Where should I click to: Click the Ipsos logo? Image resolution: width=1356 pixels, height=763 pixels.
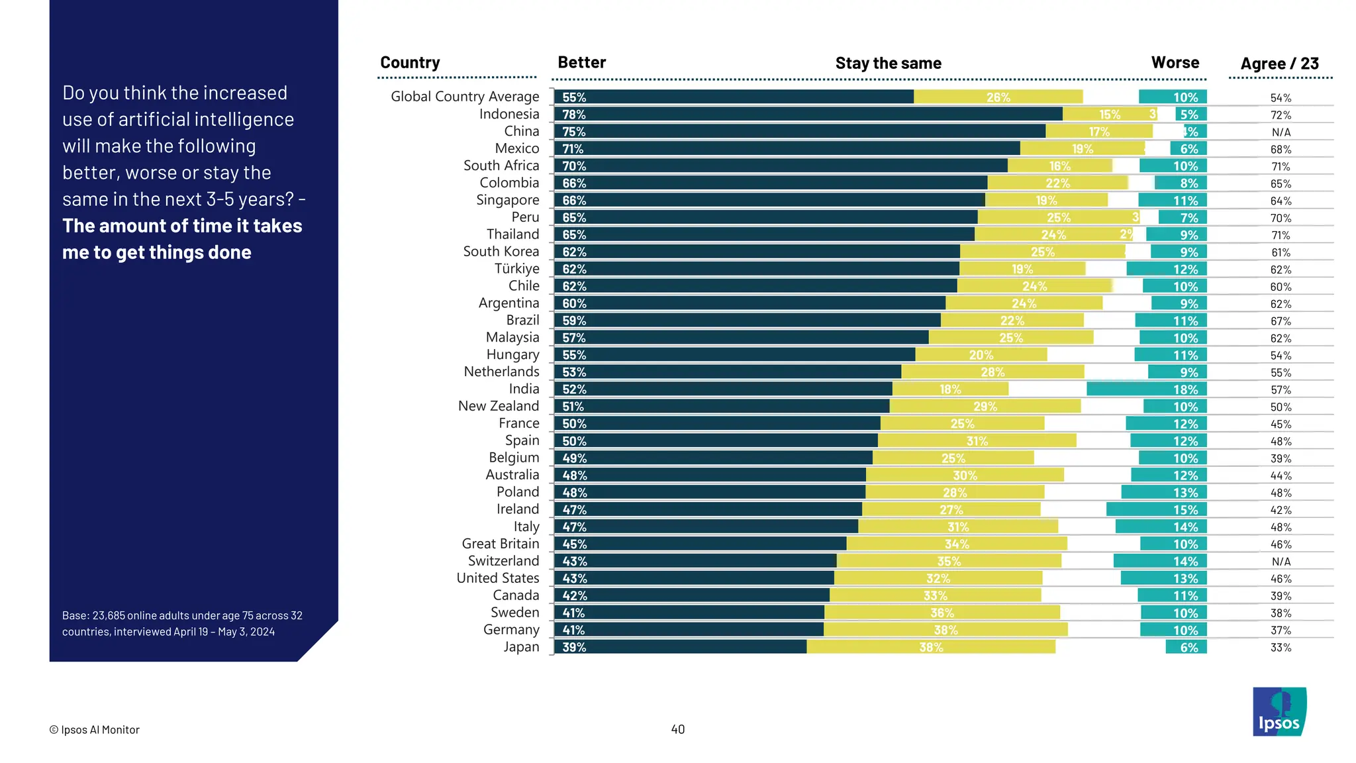coord(1279,711)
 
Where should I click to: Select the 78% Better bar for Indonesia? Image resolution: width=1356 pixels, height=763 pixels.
coord(808,114)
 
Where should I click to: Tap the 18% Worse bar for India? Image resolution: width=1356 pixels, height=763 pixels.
coord(1146,389)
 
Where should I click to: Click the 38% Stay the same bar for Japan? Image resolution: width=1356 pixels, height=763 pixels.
coord(931,647)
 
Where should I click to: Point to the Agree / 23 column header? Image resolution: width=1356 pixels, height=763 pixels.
coord(1279,64)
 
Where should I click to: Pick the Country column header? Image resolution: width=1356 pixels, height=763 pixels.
coord(410,63)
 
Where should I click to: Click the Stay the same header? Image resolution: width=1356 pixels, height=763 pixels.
coord(888,64)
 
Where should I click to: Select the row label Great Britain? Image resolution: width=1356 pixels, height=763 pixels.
coord(501,544)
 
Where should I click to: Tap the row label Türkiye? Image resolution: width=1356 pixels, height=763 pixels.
coord(516,269)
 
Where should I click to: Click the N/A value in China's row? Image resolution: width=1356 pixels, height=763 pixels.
coord(1281,132)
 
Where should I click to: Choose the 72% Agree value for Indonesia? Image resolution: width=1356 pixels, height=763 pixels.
coord(1281,115)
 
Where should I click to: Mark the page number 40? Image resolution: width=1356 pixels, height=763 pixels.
coord(677,729)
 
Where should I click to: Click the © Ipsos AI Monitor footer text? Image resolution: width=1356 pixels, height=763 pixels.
coord(94,730)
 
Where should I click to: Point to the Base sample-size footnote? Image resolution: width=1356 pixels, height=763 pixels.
coord(182,623)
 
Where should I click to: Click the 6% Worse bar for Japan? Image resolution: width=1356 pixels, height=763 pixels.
coord(1186,647)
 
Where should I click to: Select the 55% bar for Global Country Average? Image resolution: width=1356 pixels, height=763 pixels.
coord(734,97)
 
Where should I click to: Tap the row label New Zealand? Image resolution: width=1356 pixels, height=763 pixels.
coord(499,406)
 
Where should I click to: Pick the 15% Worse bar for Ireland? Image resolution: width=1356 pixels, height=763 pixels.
coord(1156,509)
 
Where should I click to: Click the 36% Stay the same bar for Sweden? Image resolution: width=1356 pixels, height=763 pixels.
coord(942,613)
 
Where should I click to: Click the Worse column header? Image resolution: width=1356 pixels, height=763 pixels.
coord(1175,63)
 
